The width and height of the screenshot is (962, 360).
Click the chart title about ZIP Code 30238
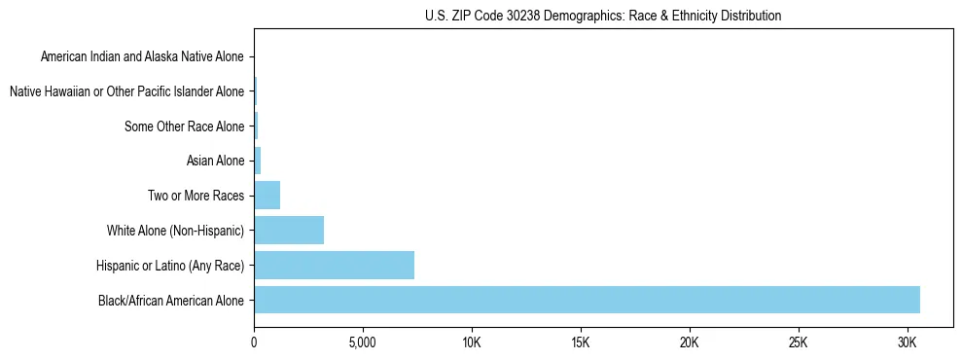point(603,16)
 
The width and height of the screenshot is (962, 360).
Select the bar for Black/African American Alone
point(587,300)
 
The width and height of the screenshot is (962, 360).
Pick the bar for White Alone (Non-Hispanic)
point(289,231)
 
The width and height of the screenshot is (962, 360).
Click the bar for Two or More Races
point(267,196)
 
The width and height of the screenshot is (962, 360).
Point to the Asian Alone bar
point(258,161)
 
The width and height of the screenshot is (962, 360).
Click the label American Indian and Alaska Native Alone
point(142,56)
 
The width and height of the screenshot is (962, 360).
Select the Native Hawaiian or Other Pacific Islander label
point(126,91)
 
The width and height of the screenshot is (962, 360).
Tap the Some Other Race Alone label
point(184,126)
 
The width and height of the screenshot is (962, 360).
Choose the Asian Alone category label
point(215,161)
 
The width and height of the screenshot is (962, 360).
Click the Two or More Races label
point(196,196)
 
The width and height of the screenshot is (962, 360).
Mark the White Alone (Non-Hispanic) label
point(175,231)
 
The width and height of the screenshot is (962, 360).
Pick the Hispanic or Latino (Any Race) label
point(170,266)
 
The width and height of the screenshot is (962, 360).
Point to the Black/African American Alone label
point(171,300)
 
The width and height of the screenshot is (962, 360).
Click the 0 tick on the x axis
point(254,342)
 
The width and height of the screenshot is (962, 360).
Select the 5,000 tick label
point(363,342)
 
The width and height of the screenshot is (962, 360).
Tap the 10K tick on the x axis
point(472,342)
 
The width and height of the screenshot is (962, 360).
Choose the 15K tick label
point(581,342)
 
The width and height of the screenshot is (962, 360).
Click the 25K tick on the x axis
point(799,342)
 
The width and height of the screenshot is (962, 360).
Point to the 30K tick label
point(908,342)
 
